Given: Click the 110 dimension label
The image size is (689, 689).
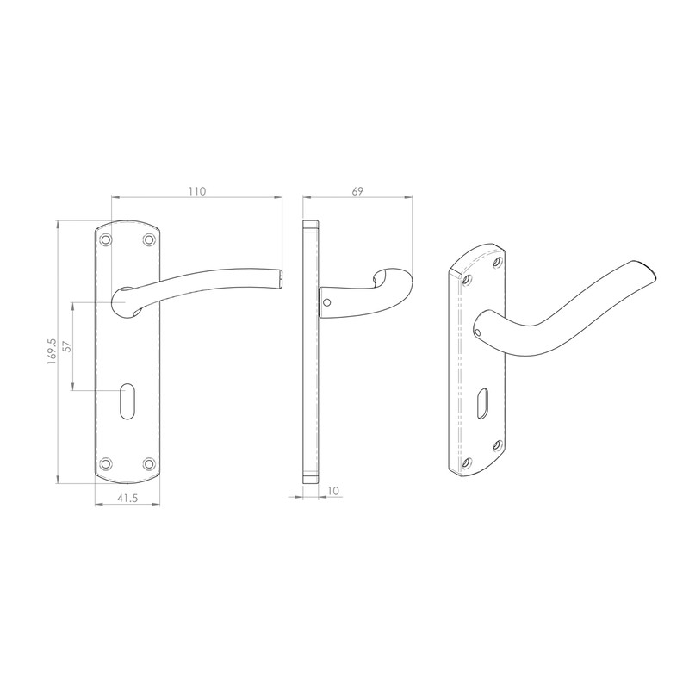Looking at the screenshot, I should click(x=196, y=192).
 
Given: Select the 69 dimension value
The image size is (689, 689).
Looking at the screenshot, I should click(x=357, y=192).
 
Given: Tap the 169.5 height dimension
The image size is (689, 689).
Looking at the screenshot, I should click(x=52, y=351).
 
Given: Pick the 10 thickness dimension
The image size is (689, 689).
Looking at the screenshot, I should click(x=332, y=491).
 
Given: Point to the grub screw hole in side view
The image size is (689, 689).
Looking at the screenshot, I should click(x=327, y=302).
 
